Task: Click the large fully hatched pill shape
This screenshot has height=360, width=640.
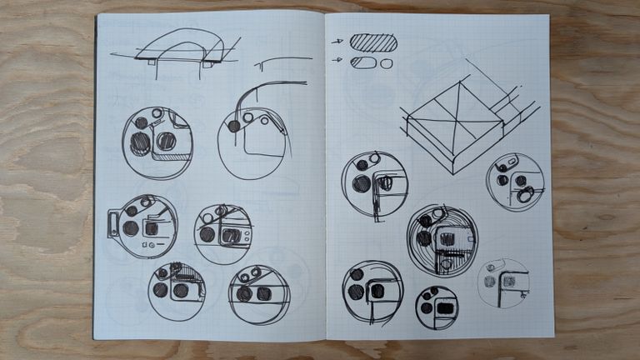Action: click(x=373, y=42)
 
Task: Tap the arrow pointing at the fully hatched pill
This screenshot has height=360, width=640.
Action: click(x=337, y=40)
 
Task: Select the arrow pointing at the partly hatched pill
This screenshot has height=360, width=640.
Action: click(x=337, y=60)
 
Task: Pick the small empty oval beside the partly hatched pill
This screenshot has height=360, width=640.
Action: click(x=387, y=63)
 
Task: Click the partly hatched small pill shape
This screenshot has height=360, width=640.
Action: click(x=362, y=62)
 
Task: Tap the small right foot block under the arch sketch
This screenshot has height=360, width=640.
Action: click(x=205, y=62)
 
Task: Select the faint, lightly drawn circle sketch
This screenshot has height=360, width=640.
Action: click(x=503, y=282)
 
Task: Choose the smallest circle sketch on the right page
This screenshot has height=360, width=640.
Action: click(x=437, y=307)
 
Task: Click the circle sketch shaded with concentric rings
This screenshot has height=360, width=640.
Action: click(x=442, y=240)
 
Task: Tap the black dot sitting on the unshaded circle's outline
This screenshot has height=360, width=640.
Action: click(x=234, y=127)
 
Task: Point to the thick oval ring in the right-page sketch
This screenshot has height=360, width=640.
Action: click(x=525, y=196)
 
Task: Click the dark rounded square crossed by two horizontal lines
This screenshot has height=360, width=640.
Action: click(x=263, y=293)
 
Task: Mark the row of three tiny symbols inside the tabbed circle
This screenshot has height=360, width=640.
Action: click(x=151, y=247)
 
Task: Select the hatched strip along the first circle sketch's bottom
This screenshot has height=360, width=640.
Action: click(x=172, y=156)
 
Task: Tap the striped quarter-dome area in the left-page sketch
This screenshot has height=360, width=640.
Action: click(x=177, y=269)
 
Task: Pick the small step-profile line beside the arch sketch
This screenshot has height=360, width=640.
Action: click(x=282, y=61)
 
